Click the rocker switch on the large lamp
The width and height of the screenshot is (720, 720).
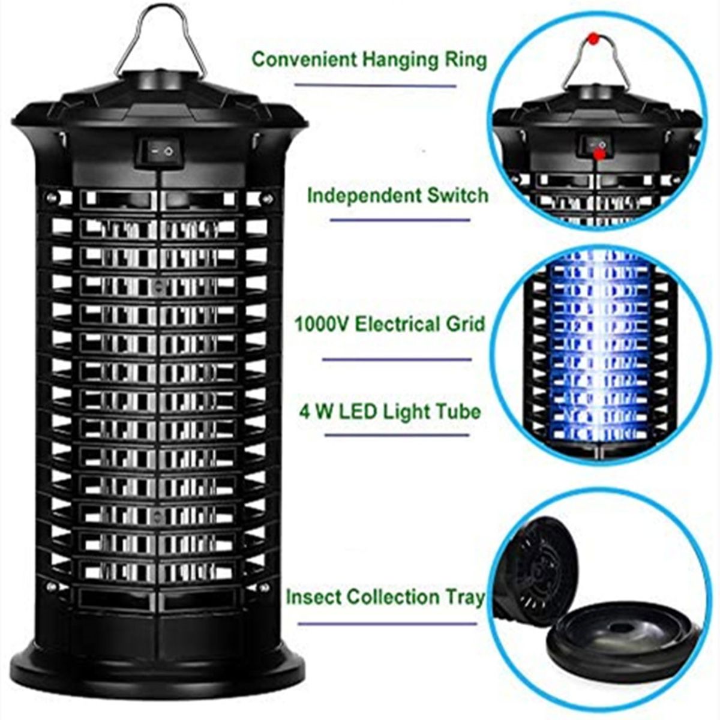coord(160,152)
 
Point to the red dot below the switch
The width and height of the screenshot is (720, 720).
coord(599,154)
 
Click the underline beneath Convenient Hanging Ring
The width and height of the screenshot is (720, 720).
coord(376,85)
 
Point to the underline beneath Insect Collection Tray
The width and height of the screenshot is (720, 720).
coord(388,623)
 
